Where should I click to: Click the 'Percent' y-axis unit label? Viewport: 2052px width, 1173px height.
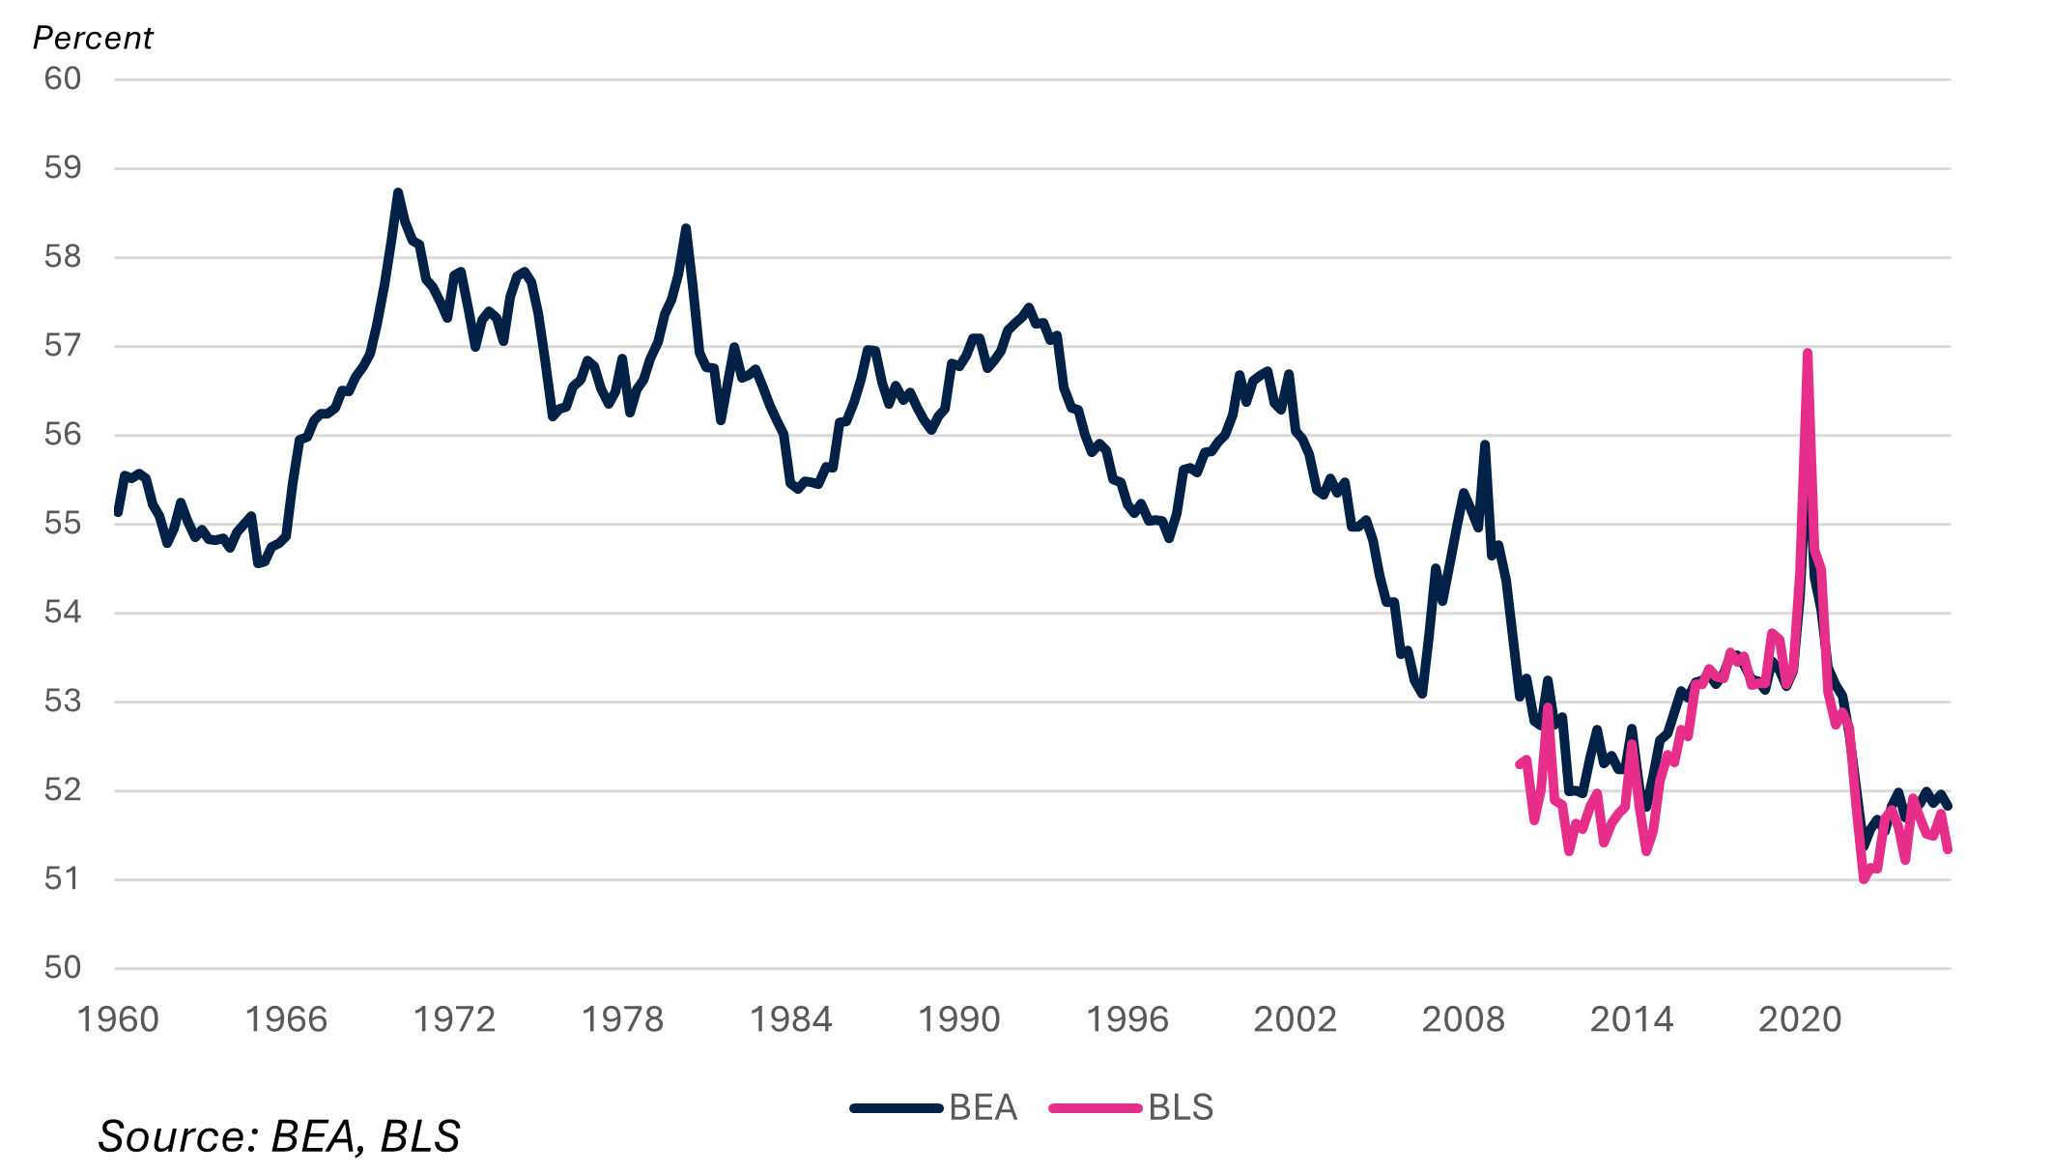point(93,38)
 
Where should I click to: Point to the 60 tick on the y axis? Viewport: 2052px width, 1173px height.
point(63,79)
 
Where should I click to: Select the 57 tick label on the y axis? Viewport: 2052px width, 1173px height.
point(63,346)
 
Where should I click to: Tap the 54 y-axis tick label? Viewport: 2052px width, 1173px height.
point(63,613)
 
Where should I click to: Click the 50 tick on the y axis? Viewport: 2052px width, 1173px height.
point(63,968)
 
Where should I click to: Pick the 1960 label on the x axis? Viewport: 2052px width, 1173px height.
point(118,1020)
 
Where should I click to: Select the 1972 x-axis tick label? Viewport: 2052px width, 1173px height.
point(454,1020)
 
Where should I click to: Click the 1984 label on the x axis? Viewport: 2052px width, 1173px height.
point(790,1020)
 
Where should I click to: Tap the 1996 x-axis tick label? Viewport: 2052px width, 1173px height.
point(1126,1020)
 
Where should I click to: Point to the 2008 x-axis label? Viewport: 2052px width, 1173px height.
point(1463,1020)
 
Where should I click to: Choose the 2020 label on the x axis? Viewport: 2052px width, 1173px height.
point(1799,1020)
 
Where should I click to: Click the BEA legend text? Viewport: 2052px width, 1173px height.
point(983,1107)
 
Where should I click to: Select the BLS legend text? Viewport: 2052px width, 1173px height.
point(1181,1107)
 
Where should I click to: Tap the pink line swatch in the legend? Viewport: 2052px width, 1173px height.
point(1096,1108)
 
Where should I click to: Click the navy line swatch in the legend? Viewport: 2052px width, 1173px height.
point(896,1108)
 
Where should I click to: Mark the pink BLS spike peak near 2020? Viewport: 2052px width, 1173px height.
point(1807,354)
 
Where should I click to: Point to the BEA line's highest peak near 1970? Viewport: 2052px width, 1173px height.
point(397,192)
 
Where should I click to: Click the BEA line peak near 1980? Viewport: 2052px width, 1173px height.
point(686,228)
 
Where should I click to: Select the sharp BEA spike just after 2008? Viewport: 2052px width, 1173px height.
point(1485,444)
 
